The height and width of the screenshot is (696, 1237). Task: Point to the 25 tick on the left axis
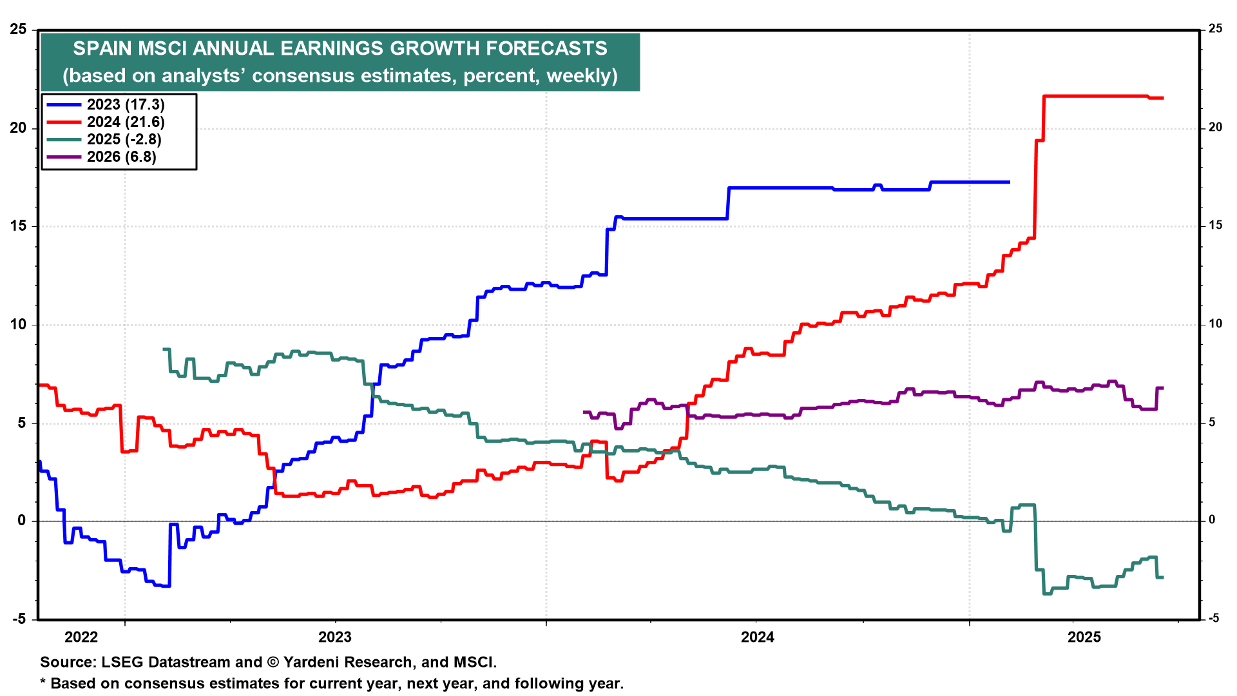pyautogui.click(x=18, y=30)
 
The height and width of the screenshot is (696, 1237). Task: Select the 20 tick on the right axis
pyautogui.click(x=1215, y=128)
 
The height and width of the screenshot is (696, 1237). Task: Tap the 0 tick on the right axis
pyautogui.click(x=1212, y=520)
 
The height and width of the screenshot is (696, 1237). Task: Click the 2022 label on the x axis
pyautogui.click(x=81, y=637)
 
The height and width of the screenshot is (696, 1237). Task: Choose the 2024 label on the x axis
pyautogui.click(x=758, y=637)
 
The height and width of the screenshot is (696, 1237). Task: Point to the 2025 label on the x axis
pyautogui.click(x=1085, y=637)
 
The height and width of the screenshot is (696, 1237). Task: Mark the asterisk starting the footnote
pyautogui.click(x=44, y=682)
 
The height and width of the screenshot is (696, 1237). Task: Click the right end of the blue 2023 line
pyautogui.click(x=1009, y=182)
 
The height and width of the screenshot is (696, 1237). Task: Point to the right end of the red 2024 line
pyautogui.click(x=1162, y=98)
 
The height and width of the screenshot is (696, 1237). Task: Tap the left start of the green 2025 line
pyautogui.click(x=164, y=349)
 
